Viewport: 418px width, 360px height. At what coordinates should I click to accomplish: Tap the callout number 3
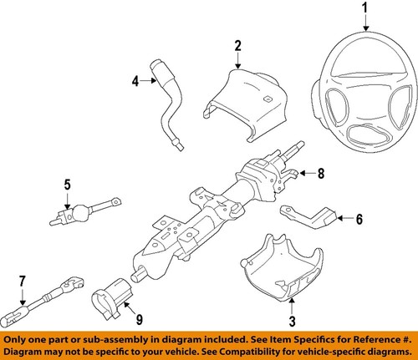click(x=292, y=322)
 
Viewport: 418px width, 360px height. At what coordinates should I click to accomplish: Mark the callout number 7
click(x=23, y=280)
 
